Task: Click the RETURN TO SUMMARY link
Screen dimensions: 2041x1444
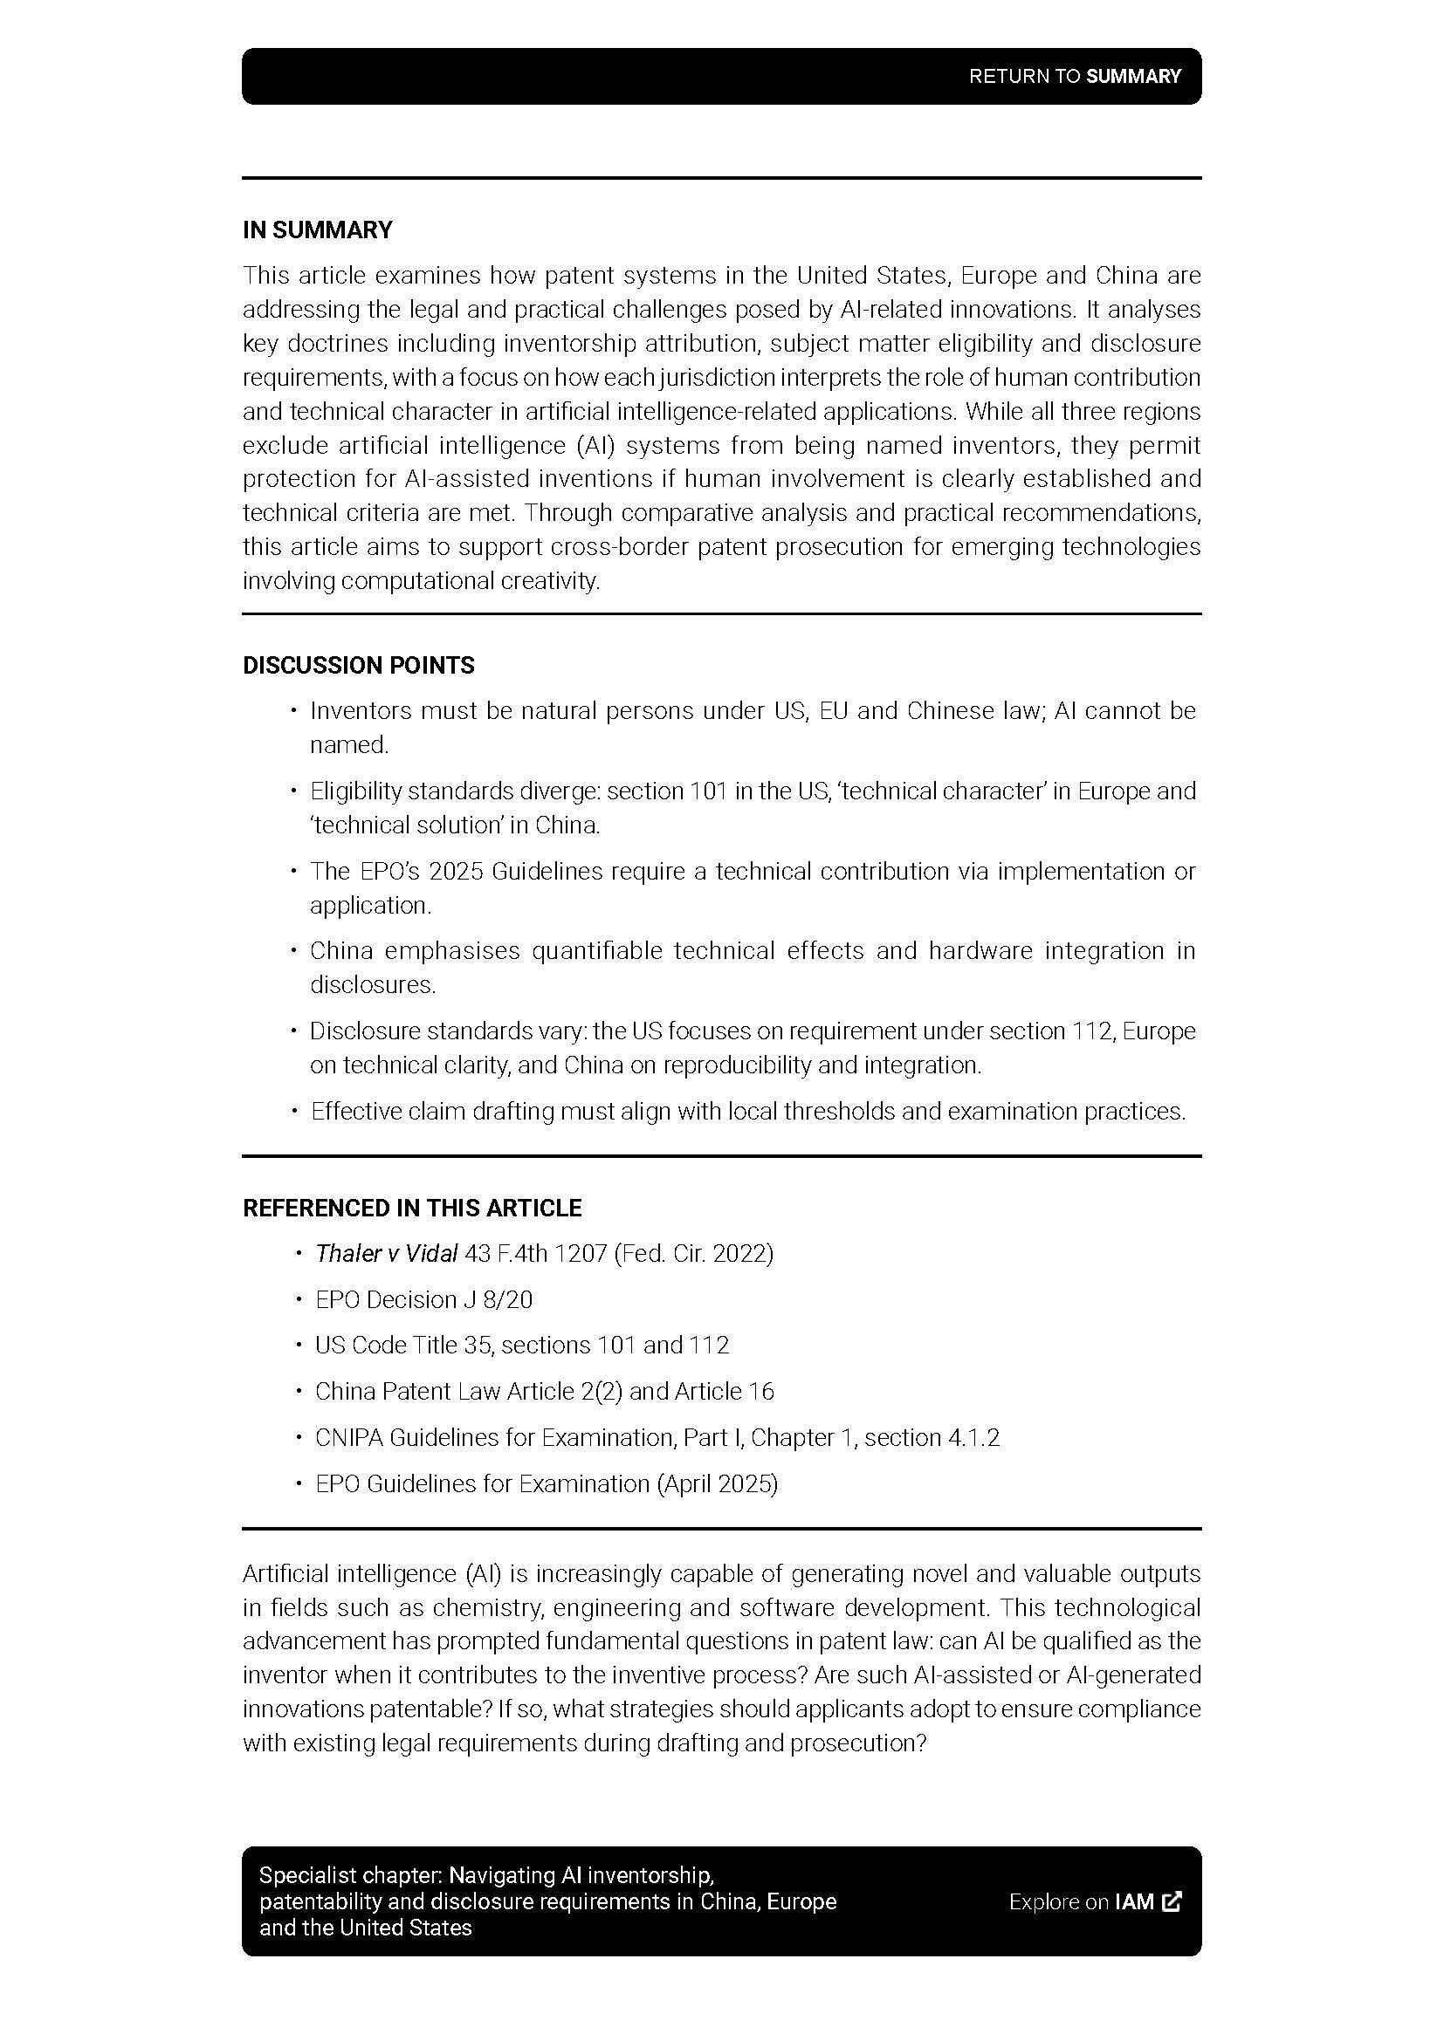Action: (x=1074, y=77)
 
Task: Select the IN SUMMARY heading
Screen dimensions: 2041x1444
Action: (x=318, y=230)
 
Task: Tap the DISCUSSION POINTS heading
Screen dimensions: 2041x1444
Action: (x=358, y=665)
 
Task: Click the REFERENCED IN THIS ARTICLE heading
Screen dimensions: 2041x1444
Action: (x=412, y=1207)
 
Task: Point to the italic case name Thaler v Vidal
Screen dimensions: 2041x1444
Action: (x=386, y=1253)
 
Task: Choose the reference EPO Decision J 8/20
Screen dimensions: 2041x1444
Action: (x=423, y=1299)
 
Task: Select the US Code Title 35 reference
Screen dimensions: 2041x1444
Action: (x=522, y=1345)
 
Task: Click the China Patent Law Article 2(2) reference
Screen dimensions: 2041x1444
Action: (x=544, y=1391)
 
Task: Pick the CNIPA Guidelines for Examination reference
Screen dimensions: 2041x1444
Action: (x=657, y=1437)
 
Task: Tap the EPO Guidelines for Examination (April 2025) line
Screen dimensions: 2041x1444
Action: (x=546, y=1483)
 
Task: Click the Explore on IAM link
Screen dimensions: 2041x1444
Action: (x=1081, y=1901)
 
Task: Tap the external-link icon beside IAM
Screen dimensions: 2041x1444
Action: (x=1172, y=1901)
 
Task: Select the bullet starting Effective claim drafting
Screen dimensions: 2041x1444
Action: (x=748, y=1111)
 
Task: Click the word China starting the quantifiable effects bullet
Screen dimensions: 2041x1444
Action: (x=341, y=951)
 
